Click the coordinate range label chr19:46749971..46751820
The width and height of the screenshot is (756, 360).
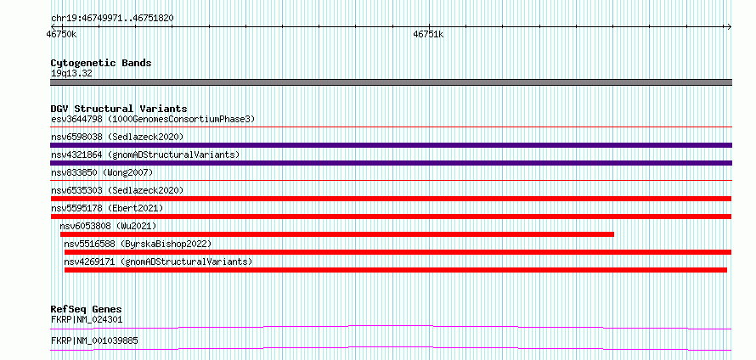point(112,19)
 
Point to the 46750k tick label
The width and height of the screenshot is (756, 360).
point(61,34)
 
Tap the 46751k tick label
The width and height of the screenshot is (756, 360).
point(428,34)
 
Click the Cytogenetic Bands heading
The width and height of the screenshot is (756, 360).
point(101,63)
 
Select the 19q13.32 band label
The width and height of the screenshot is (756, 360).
point(71,74)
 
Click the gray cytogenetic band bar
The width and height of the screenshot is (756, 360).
point(391,82)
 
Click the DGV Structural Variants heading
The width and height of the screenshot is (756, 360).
point(119,109)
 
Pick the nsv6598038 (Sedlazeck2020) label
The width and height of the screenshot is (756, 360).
point(117,137)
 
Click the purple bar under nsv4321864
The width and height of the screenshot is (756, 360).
point(391,163)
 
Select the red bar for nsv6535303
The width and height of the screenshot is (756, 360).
point(391,199)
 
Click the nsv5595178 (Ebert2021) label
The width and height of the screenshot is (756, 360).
point(107,208)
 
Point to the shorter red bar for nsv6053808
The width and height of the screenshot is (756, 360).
point(337,234)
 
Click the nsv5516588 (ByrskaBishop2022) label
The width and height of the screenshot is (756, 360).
point(138,244)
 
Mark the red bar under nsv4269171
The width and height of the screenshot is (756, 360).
point(395,270)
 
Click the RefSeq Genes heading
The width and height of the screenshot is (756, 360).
point(87,309)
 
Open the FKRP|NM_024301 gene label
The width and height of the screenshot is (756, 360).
point(87,319)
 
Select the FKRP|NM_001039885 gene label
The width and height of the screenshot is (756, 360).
point(94,340)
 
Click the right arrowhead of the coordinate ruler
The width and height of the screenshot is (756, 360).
point(730,27)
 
